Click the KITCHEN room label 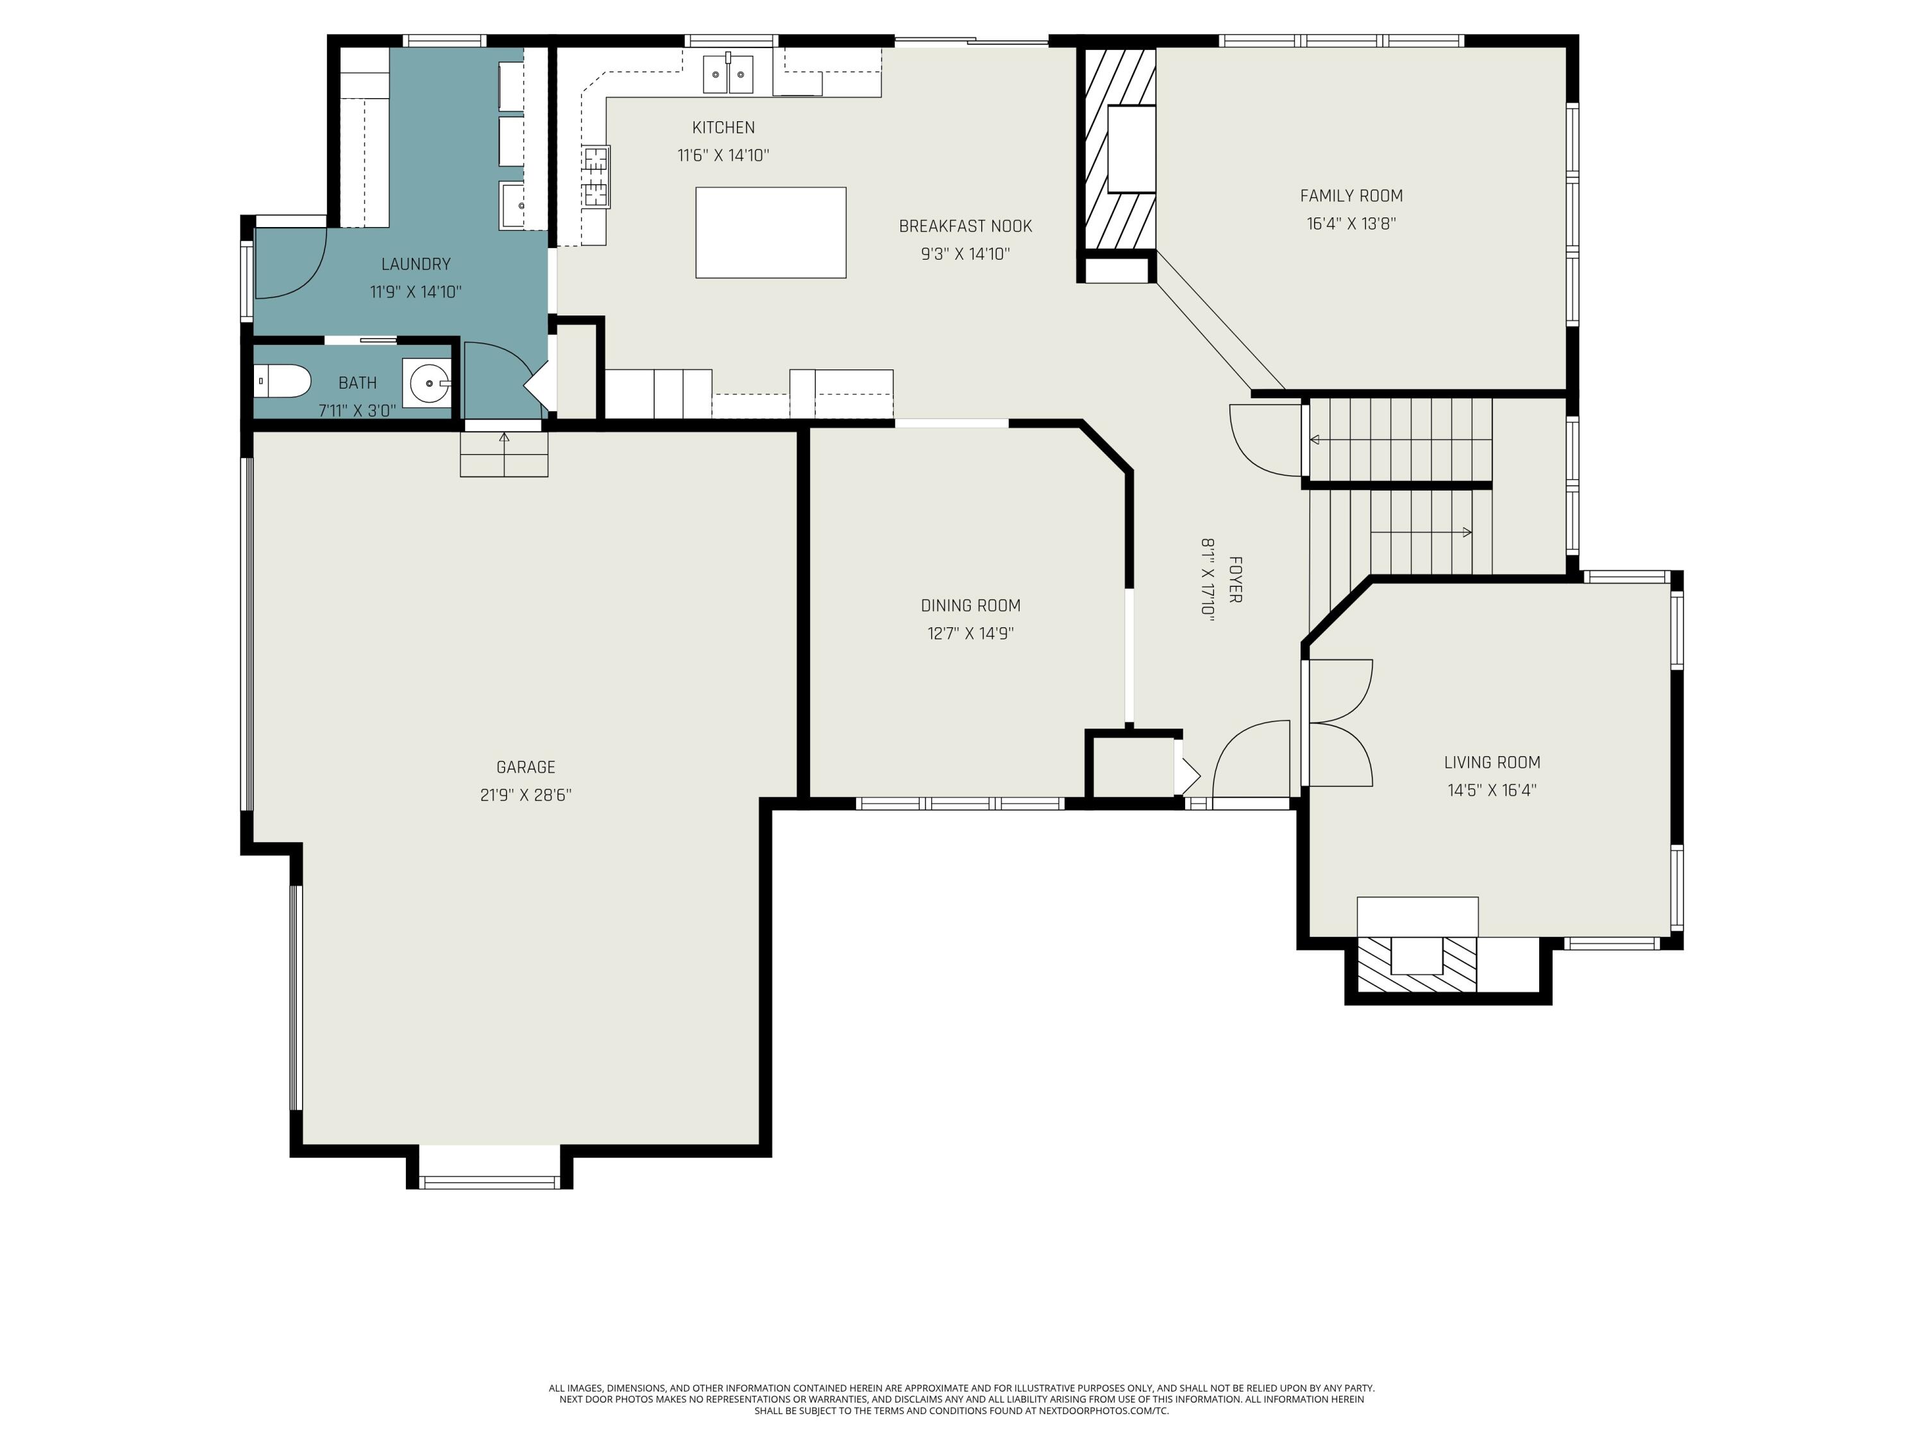(723, 128)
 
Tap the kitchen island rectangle (771, 232)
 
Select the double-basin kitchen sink (728, 73)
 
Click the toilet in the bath (283, 381)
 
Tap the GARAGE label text (525, 767)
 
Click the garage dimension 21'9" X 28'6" (525, 795)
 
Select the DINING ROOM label (971, 605)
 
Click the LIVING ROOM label (1492, 763)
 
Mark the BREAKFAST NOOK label (965, 226)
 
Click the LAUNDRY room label (416, 264)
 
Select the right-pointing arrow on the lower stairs (1421, 532)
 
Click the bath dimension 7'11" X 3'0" (357, 410)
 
